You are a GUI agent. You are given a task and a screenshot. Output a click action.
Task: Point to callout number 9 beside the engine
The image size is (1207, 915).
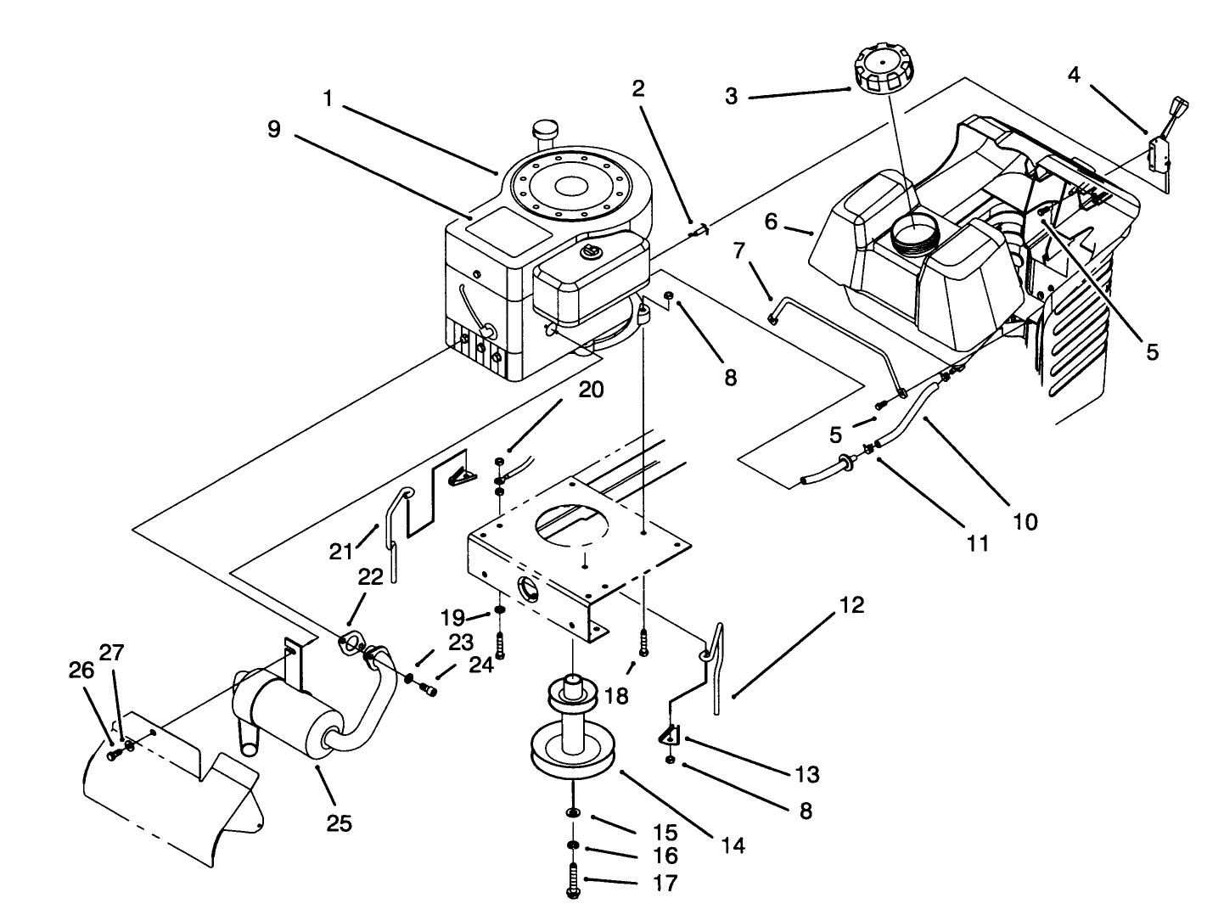tap(272, 129)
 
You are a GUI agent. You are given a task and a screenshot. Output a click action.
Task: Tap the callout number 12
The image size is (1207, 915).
tap(852, 604)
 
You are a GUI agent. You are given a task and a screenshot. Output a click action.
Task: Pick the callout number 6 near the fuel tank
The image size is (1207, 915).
tap(771, 222)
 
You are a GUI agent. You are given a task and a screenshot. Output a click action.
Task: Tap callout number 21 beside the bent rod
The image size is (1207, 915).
tap(341, 552)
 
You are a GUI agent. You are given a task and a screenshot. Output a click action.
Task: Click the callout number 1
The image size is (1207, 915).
tap(327, 98)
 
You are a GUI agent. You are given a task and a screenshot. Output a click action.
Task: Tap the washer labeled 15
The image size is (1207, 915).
tap(575, 814)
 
